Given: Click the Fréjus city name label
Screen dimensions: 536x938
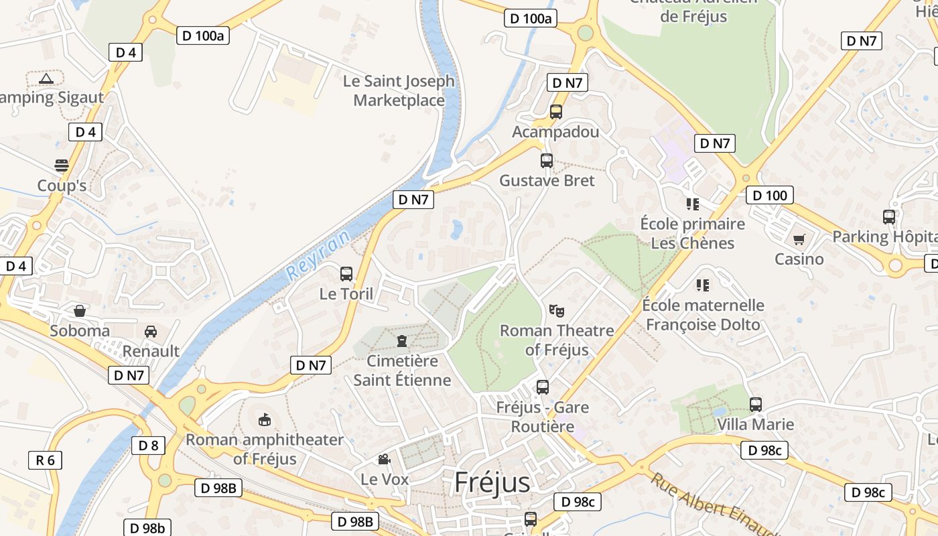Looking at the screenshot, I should point(492,482).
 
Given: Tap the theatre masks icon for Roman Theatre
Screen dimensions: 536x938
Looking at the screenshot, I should point(556,310).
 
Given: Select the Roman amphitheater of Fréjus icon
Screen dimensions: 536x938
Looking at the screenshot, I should point(265,419).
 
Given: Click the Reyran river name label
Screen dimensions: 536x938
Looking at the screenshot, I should point(318,255).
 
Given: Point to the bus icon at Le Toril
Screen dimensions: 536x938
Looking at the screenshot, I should point(346,273).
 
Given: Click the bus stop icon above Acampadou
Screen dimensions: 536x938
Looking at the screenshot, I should point(556,111).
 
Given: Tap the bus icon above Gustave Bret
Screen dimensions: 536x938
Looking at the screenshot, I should point(547,161).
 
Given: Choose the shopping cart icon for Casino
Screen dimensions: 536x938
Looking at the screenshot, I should point(799,239).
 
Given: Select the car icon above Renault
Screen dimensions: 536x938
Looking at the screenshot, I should point(151,331).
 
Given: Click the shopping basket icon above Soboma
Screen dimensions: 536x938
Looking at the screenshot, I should point(80,311).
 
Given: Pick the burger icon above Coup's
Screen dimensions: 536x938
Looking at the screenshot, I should point(62,165).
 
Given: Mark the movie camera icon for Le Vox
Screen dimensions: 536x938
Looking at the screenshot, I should point(384,459).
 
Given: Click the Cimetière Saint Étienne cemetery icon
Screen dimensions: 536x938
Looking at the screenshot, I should point(401,341).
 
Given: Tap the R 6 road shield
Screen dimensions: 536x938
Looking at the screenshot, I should point(45,460).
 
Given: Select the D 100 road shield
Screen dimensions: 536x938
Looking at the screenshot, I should point(770,196).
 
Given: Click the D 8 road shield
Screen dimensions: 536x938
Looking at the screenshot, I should point(148,446).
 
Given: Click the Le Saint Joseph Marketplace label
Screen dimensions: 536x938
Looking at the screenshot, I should point(399,91).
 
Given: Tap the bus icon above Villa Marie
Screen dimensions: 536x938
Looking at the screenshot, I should point(756,405).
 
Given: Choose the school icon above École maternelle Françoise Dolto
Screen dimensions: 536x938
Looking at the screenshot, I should point(703,285).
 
